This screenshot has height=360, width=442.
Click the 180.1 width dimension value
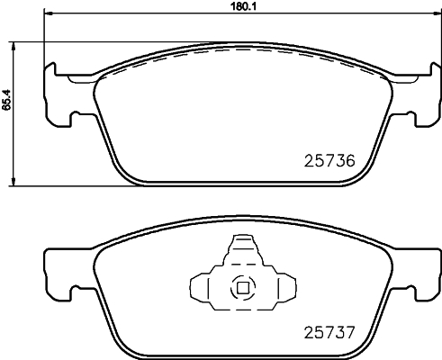pyautogui.click(x=238, y=7)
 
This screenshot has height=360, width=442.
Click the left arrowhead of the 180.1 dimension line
pyautogui.click(x=48, y=15)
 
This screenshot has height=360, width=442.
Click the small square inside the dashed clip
pyautogui.click(x=241, y=289)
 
